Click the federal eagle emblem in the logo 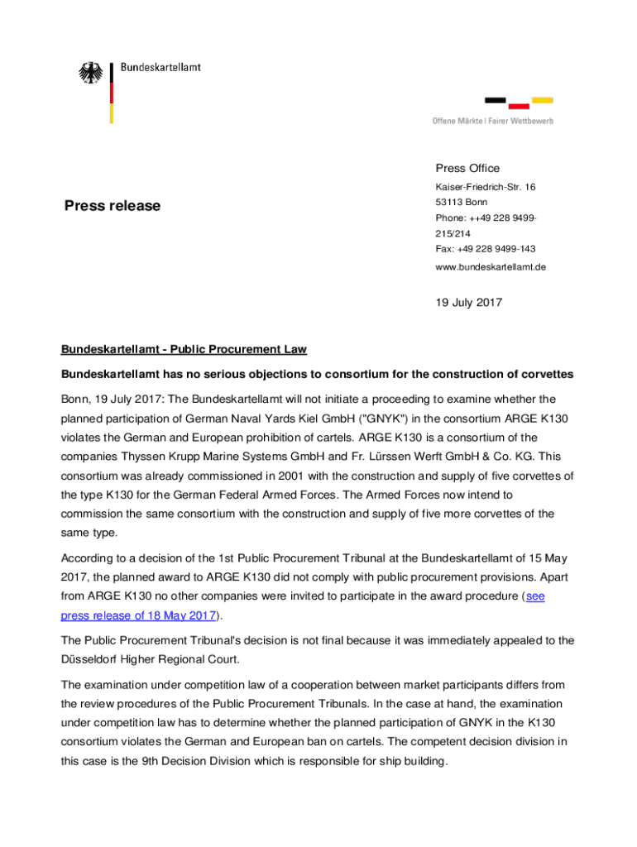90,73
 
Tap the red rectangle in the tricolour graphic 519,106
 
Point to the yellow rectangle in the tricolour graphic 543,100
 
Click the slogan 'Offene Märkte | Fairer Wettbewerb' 492,122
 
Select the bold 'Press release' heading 113,205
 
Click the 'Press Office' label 467,168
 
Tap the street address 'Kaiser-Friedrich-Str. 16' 486,187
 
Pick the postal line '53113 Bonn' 462,202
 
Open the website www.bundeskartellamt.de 491,267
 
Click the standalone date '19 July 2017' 468,303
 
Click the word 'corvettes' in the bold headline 546,375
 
